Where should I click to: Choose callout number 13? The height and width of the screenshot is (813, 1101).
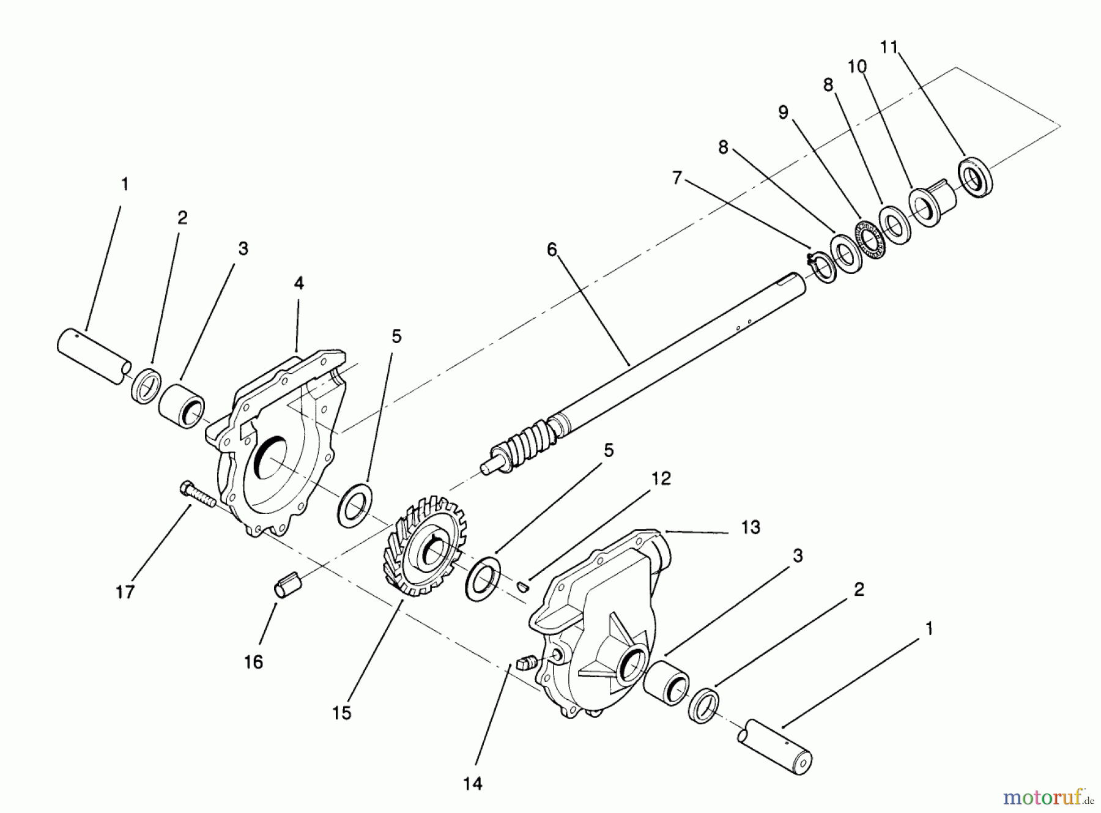[751, 527]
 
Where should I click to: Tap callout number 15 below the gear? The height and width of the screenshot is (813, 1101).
[342, 713]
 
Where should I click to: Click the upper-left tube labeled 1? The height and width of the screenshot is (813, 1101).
[95, 356]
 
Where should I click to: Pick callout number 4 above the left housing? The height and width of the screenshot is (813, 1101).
[298, 283]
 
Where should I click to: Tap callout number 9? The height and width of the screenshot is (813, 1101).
[784, 113]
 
